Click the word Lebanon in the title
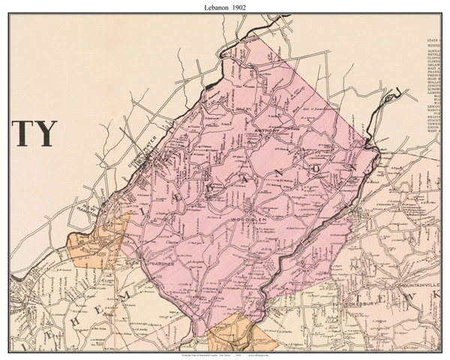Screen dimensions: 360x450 coord(214,7)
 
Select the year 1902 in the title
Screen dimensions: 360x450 coord(241,7)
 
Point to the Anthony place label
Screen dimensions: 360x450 coord(268,130)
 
